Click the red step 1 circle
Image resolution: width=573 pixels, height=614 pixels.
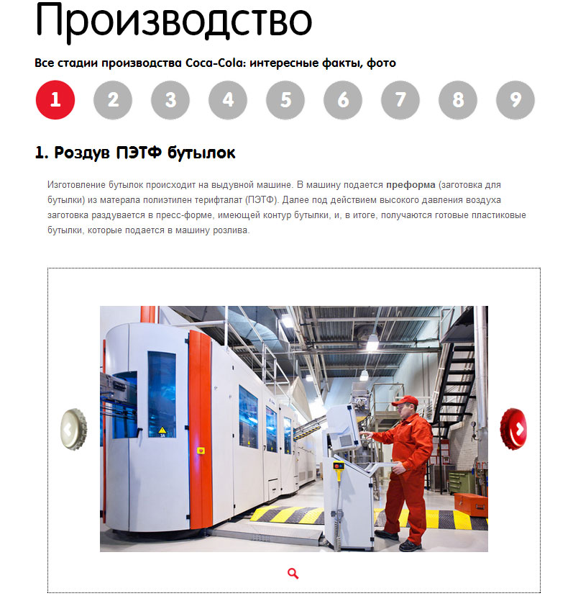[55, 100]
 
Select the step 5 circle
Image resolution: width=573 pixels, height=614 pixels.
[285, 100]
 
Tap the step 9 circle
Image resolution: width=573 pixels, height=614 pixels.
[515, 100]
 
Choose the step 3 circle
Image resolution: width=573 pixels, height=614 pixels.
[170, 100]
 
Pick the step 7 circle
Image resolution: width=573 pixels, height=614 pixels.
[400, 100]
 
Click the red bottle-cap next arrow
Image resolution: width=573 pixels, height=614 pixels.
[513, 429]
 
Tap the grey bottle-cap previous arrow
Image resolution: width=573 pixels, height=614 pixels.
[73, 429]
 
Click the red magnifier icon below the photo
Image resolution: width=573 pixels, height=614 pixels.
[293, 574]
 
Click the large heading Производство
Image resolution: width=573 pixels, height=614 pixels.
[174, 22]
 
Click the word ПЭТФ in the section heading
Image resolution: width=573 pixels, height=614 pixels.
[139, 153]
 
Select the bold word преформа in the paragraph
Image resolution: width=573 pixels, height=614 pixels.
[411, 185]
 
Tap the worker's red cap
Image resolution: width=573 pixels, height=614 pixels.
[405, 401]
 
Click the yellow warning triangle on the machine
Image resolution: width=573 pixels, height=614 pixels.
[162, 430]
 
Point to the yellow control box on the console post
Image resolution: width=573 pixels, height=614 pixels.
[339, 466]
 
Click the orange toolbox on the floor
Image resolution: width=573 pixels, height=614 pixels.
[470, 505]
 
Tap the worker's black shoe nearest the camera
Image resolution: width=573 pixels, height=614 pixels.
[411, 546]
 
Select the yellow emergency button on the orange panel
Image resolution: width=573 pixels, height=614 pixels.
[201, 451]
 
